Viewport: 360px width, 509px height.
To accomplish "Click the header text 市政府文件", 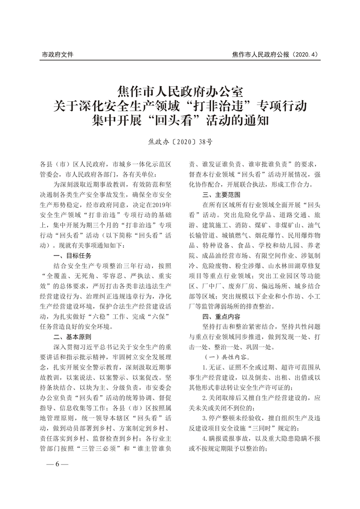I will [58, 55].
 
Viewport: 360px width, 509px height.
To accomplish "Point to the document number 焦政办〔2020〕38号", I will [180, 142].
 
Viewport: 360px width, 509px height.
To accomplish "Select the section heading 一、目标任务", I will [72, 255].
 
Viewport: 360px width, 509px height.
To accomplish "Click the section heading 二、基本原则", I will [72, 336].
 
